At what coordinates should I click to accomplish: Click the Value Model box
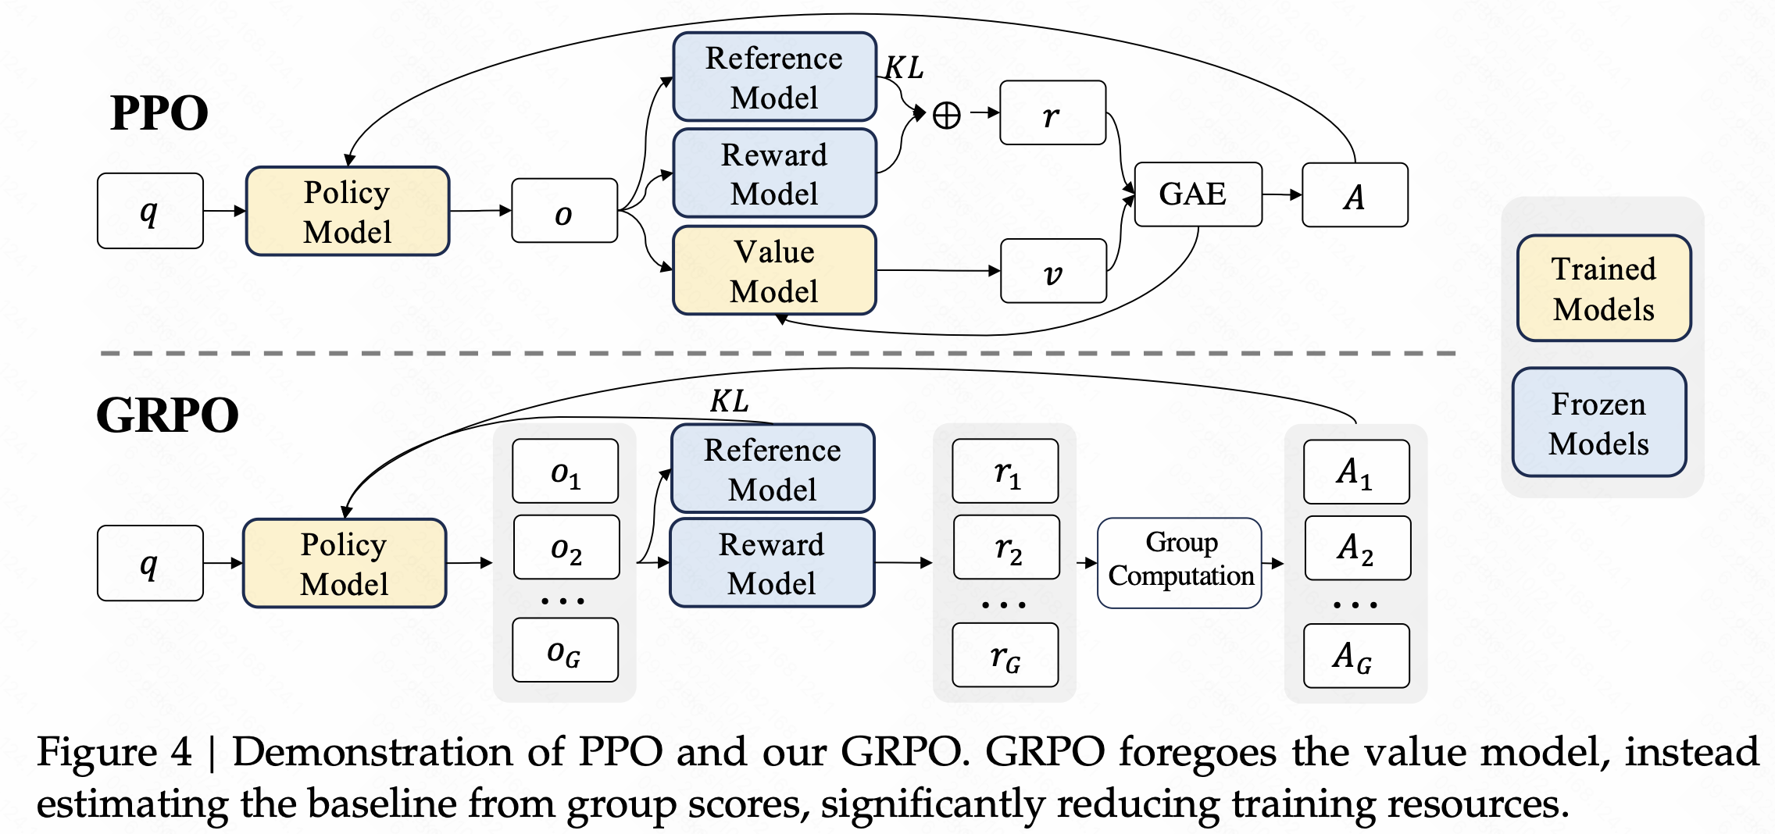pos(774,271)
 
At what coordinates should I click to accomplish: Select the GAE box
pos(1197,194)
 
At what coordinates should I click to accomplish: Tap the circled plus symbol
pos(947,116)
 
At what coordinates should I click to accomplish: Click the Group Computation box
pos(1180,562)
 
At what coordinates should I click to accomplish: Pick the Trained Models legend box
pos(1603,288)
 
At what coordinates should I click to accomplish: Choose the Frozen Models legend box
pos(1598,422)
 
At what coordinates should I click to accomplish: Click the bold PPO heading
pos(159,113)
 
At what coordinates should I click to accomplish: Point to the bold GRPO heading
pos(167,415)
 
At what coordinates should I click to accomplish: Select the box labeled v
pos(1053,271)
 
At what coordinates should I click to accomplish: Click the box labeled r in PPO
pos(1052,113)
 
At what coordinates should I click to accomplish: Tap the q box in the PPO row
pos(150,211)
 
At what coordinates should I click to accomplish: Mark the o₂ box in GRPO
pos(566,547)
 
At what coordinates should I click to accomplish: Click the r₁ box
pos(1005,472)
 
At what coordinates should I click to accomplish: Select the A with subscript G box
pos(1356,656)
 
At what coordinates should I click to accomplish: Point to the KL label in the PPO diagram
pos(904,68)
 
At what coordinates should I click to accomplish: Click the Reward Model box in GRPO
pos(772,563)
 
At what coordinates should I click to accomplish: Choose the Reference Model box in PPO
pos(774,77)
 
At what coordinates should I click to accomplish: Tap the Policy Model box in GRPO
pos(345,563)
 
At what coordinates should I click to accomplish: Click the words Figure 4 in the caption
pos(114,753)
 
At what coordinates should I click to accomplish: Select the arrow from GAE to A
pos(1282,194)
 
